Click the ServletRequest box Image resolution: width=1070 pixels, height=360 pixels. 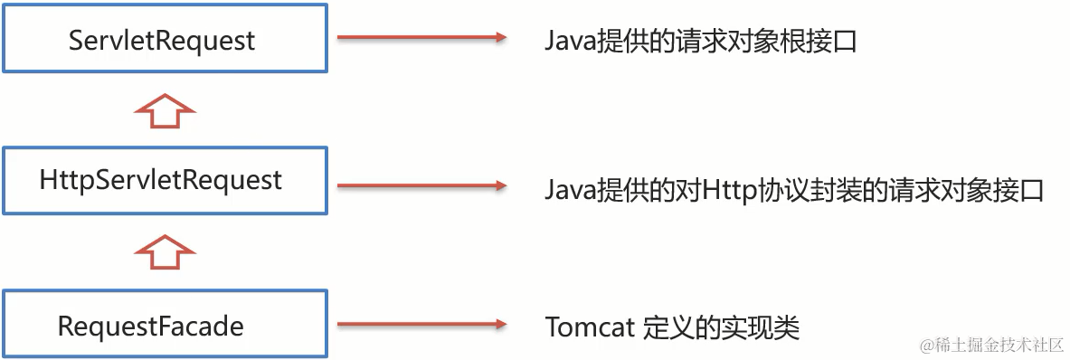click(x=165, y=40)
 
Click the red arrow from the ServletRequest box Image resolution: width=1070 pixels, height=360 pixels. click(x=420, y=38)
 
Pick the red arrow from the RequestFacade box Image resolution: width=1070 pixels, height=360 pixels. click(x=420, y=324)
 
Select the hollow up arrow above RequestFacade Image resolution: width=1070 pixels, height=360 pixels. click(x=164, y=252)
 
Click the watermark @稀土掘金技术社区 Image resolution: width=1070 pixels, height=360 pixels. click(x=992, y=345)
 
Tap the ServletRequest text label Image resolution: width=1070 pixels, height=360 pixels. click(x=163, y=41)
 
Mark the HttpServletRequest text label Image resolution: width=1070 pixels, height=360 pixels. click(x=161, y=180)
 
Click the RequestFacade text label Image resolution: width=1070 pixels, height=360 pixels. click(x=150, y=326)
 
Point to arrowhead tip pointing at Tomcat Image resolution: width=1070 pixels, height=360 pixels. click(x=503, y=324)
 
